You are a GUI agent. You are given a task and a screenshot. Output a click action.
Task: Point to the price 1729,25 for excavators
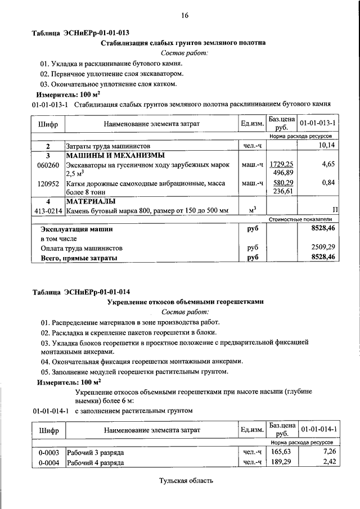282,164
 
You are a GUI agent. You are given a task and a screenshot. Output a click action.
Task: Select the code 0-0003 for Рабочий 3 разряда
49,452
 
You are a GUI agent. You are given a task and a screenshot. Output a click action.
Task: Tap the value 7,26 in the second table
328,452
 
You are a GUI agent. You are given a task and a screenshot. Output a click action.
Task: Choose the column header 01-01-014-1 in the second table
318,430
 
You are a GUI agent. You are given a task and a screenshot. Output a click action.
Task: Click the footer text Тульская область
186,481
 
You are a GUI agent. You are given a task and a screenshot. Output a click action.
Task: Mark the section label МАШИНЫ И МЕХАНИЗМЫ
107,155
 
